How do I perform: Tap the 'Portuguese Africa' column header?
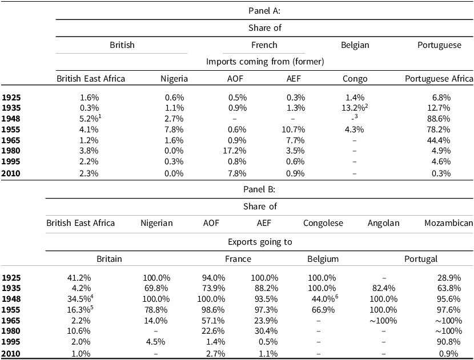tap(439, 79)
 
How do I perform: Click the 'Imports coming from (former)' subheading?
tap(264, 61)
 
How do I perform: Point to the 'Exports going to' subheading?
tap(264, 241)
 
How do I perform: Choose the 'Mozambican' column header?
tap(448, 223)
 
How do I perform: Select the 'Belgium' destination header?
tap(323, 259)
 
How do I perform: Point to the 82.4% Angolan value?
tap(384, 287)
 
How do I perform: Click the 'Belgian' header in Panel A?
tap(354, 45)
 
